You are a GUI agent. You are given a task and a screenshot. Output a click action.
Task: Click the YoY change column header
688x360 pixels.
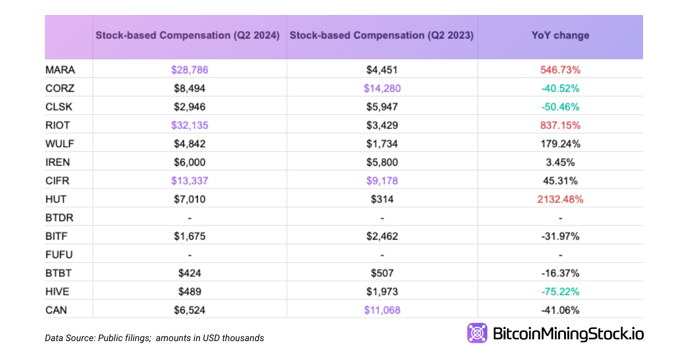pyautogui.click(x=560, y=36)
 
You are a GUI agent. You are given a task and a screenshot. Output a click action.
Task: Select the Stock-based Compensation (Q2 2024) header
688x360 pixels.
pyautogui.click(x=187, y=36)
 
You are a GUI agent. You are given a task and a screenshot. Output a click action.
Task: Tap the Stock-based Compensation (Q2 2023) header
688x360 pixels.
pyautogui.click(x=382, y=36)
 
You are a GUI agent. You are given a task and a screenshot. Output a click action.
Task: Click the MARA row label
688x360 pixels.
pyautogui.click(x=60, y=70)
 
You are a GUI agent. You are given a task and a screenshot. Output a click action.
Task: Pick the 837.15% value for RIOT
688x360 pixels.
pyautogui.click(x=560, y=126)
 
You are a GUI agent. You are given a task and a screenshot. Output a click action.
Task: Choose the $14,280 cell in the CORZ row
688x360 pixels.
pyautogui.click(x=382, y=88)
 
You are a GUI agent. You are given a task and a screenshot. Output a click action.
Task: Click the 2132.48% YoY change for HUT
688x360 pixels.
pyautogui.click(x=560, y=199)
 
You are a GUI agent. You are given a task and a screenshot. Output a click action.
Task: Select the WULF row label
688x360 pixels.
pyautogui.click(x=60, y=144)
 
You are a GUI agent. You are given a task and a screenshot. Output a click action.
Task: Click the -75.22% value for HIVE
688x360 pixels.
pyautogui.click(x=560, y=292)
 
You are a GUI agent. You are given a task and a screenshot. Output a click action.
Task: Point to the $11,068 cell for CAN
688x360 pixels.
pyautogui.click(x=382, y=310)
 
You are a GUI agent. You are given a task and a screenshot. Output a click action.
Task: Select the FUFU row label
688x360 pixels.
pyautogui.click(x=60, y=255)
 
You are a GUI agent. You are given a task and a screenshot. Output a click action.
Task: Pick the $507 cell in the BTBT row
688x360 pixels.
pyautogui.click(x=382, y=273)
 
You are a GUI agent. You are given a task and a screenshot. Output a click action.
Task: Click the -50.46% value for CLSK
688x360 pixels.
pyautogui.click(x=560, y=107)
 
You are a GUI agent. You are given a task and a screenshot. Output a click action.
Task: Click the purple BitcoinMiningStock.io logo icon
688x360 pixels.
pyautogui.click(x=477, y=333)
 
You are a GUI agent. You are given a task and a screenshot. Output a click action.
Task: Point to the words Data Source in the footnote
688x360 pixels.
pyautogui.click(x=68, y=338)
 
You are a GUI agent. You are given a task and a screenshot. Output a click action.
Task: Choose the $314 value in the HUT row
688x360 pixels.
pyautogui.click(x=382, y=199)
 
